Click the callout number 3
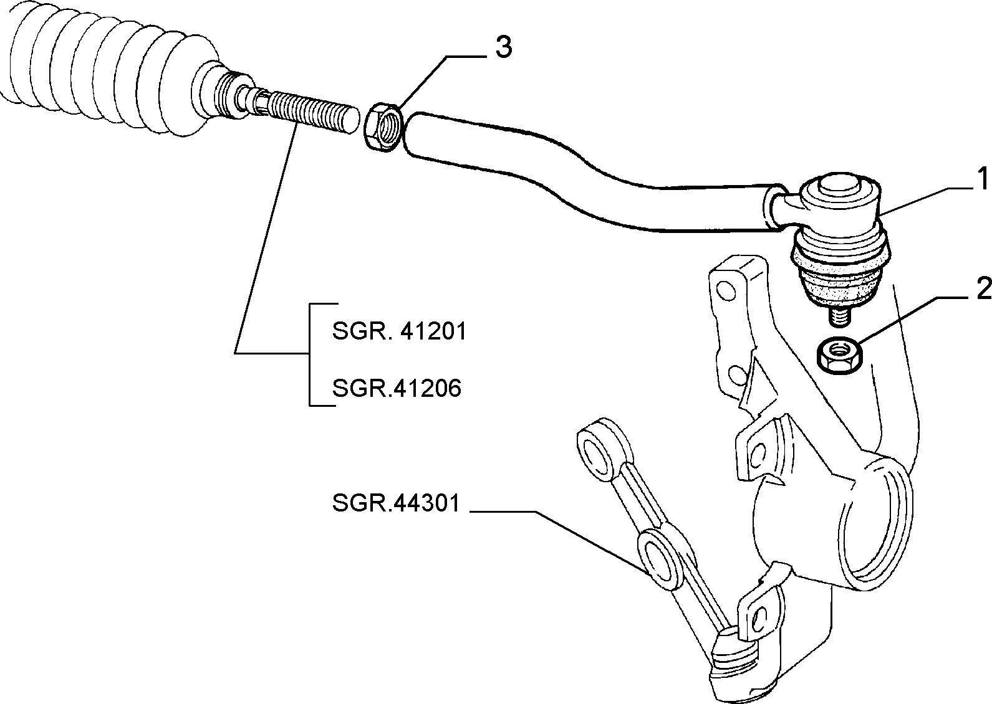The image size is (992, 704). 504,47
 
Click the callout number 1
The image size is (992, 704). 983,179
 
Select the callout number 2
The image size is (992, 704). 982,290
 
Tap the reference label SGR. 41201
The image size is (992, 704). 400,331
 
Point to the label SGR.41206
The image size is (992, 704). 397,388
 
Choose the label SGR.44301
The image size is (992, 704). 397,503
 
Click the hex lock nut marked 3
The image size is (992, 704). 383,127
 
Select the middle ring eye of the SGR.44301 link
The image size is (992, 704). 660,558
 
